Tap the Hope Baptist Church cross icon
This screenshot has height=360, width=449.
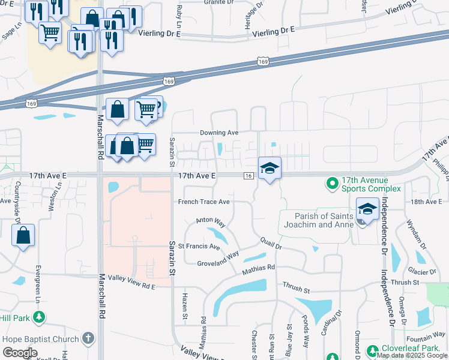[89, 338]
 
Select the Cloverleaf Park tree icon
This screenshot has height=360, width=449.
[372, 349]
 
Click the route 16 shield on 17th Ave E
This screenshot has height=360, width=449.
[248, 175]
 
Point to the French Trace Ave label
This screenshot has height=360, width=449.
[204, 202]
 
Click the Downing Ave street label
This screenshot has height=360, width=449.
[219, 133]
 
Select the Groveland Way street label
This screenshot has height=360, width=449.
[218, 262]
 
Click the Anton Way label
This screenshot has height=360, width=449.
[211, 222]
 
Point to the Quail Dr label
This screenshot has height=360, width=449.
[271, 242]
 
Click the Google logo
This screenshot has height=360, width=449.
[20, 353]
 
